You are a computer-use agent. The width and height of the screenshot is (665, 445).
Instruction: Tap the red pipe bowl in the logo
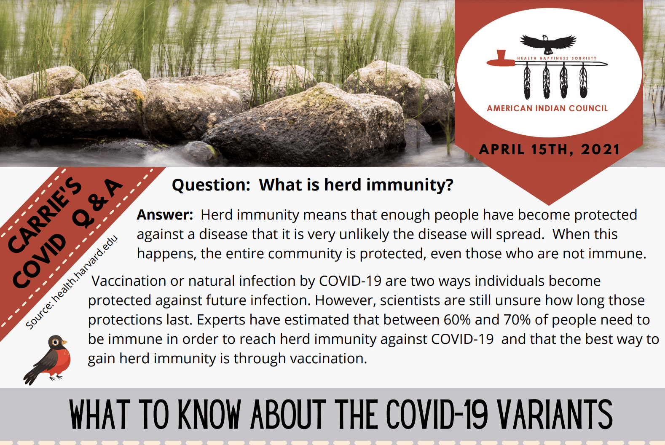pos(501,58)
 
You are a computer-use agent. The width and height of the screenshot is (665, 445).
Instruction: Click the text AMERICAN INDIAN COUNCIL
pos(547,108)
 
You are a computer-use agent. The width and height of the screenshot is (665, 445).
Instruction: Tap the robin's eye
pos(56,342)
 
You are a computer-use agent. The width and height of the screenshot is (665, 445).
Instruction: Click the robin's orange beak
pos(64,342)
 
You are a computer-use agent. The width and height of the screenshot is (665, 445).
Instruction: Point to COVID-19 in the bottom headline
pos(437,414)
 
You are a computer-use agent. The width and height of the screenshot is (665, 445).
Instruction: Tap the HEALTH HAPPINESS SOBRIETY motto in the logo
pos(557,58)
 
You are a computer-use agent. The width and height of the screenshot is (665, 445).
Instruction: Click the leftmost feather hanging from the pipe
pos(527,82)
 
